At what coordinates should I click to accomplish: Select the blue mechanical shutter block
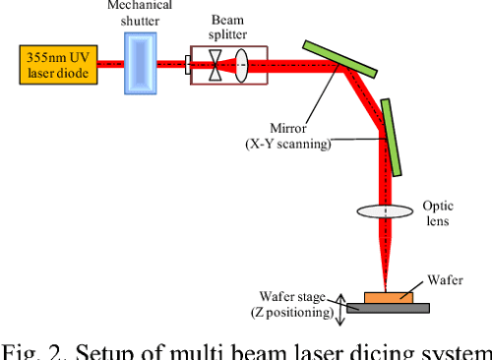tap(140, 65)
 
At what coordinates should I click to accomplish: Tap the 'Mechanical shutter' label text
tap(140, 13)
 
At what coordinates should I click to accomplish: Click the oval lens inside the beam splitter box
tap(241, 66)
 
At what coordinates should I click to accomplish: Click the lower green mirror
tap(390, 137)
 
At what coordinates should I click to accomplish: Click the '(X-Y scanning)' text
tap(289, 144)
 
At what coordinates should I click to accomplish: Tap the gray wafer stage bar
tap(387, 308)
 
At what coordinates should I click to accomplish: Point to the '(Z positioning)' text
tap(289, 314)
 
